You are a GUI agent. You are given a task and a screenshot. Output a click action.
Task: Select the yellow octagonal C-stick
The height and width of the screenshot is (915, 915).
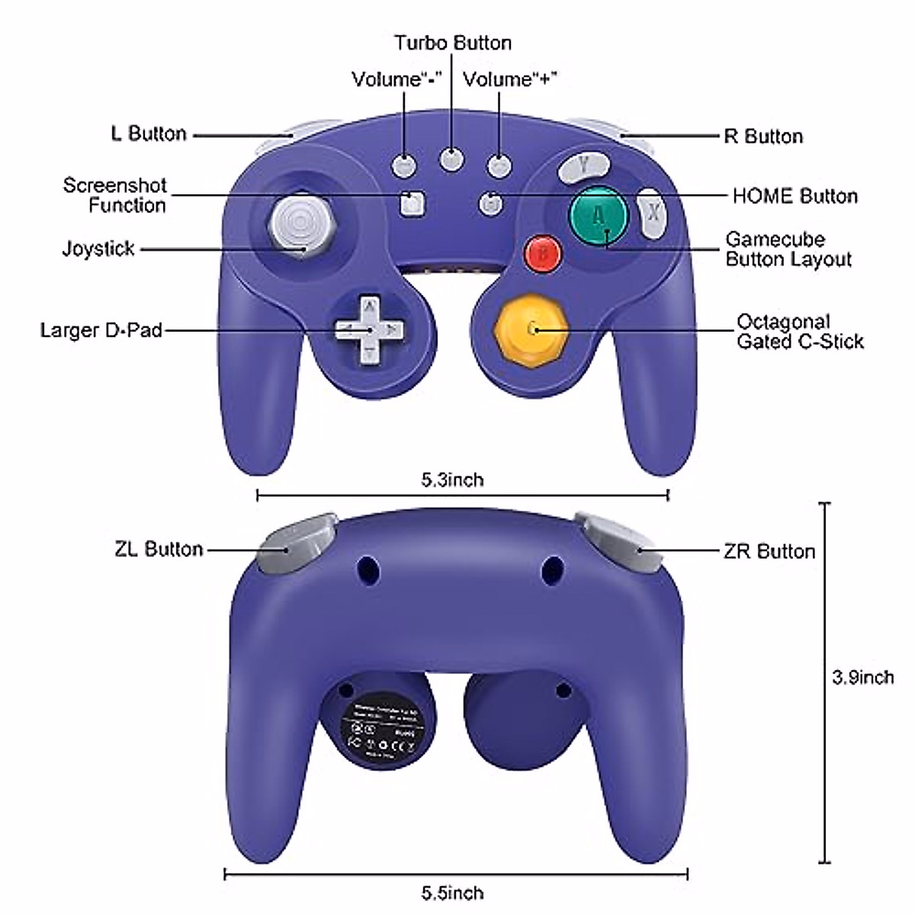coord(531,329)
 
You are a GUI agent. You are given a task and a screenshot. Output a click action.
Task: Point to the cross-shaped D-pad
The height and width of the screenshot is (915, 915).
coord(368,330)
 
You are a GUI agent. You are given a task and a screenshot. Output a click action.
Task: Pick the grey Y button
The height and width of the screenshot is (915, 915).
coord(583,166)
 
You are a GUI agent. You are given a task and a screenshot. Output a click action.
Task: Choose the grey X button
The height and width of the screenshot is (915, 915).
coord(653,213)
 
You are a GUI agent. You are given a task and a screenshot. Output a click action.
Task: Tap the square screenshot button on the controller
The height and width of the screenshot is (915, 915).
coord(413,202)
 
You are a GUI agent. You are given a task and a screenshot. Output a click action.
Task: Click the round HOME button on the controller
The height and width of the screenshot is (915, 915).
coord(490,203)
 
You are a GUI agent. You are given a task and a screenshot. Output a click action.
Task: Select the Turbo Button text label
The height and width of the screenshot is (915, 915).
coord(452,43)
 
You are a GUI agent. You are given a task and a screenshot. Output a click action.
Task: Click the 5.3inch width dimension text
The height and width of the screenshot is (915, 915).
coord(452,480)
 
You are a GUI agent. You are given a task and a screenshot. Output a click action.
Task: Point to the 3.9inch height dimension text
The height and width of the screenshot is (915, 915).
coord(862,676)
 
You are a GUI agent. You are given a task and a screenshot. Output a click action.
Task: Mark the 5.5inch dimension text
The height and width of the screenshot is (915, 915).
coord(452,892)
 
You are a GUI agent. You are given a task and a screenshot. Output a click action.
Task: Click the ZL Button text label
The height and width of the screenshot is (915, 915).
coord(159,549)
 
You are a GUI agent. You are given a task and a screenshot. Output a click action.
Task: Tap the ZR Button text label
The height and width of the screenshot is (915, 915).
coord(769,551)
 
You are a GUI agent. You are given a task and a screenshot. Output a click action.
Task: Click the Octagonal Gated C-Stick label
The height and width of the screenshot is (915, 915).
coord(799,331)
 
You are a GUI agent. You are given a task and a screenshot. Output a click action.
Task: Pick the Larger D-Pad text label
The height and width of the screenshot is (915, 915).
coord(101,330)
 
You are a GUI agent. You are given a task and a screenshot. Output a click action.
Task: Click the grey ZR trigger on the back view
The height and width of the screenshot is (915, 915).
coord(621,544)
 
